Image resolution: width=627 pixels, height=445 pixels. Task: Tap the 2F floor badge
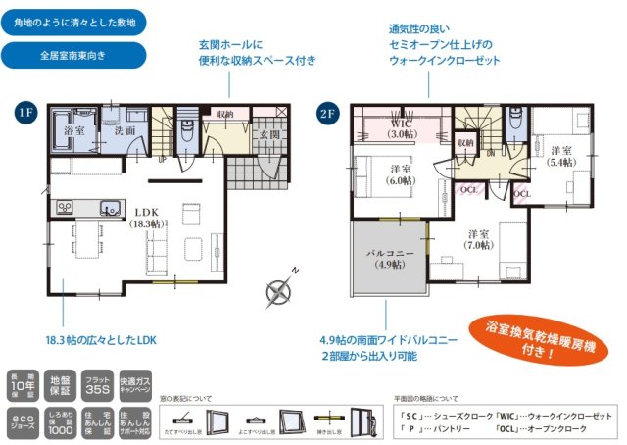[x=327, y=112]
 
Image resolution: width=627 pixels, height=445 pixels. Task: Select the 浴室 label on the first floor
[x=74, y=130]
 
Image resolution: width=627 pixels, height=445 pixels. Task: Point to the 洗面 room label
[x=123, y=130]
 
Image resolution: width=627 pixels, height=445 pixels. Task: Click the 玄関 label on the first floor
[x=269, y=134]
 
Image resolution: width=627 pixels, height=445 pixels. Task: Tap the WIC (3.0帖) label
[x=402, y=127]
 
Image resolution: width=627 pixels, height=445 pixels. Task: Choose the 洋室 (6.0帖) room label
[x=400, y=173]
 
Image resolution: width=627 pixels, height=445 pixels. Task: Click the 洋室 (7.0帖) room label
[x=478, y=240]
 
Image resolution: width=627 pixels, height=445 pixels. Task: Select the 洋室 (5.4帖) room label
[x=560, y=157]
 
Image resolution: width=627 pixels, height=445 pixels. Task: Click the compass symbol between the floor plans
[x=279, y=290]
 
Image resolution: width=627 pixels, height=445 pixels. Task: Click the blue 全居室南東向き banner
[x=74, y=55]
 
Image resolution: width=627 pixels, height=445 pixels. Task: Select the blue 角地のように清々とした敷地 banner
[x=74, y=21]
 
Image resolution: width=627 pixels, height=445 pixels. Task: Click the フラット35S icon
[x=99, y=385]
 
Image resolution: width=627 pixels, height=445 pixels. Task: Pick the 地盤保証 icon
[x=60, y=385]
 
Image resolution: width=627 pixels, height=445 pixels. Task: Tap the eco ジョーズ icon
[x=22, y=422]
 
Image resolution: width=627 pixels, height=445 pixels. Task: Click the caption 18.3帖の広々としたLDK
[x=100, y=339]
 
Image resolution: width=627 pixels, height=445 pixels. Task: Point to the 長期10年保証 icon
[x=22, y=385]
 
